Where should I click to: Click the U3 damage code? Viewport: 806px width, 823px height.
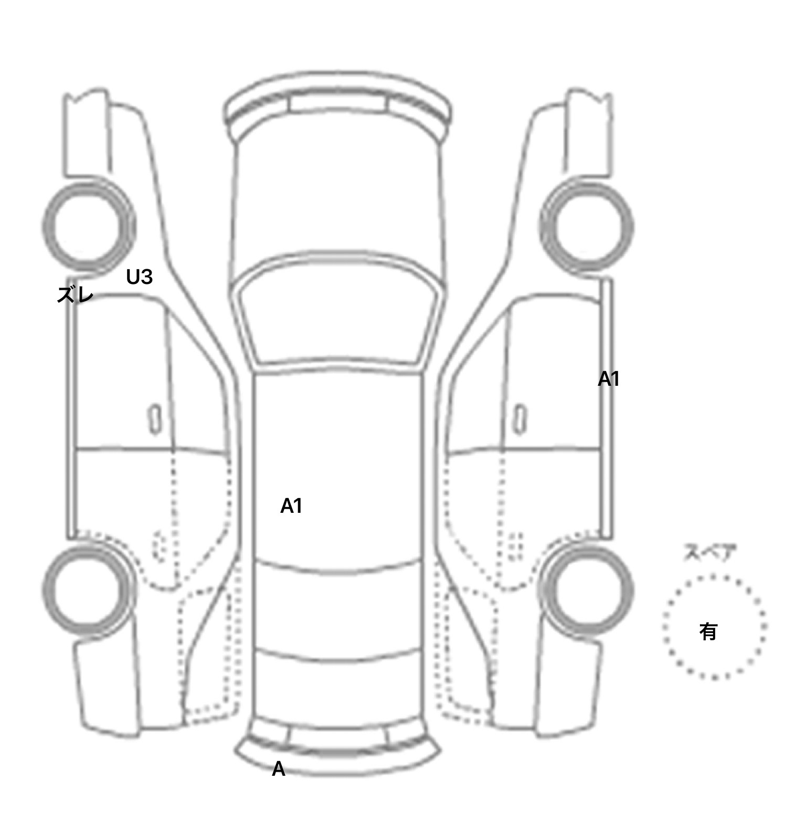(139, 277)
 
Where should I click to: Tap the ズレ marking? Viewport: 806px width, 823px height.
(75, 295)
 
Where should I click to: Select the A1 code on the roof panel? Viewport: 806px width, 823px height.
(291, 506)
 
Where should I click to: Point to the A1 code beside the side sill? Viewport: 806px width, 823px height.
(609, 379)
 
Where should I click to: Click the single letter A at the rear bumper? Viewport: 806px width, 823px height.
(279, 769)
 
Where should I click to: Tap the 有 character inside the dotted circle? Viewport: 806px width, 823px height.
(708, 631)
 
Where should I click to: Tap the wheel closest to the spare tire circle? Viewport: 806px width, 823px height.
(587, 588)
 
